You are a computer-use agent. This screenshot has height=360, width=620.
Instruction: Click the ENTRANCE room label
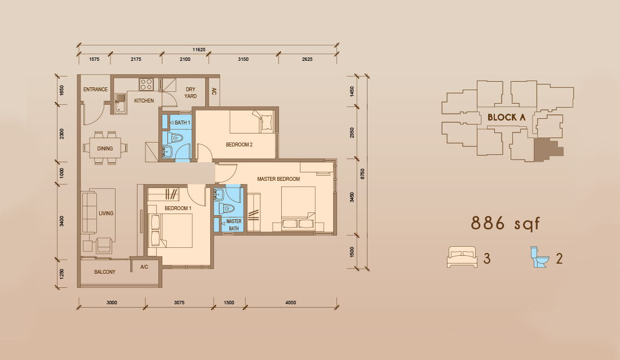95,90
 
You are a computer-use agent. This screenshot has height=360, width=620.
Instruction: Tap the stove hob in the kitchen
146,85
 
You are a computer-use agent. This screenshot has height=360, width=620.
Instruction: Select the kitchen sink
120,103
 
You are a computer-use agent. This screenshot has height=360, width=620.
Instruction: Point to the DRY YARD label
191,92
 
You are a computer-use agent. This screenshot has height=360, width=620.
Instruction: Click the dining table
105,148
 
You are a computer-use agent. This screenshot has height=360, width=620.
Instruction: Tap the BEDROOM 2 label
239,145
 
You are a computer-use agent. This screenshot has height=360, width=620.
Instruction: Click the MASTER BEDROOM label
278,179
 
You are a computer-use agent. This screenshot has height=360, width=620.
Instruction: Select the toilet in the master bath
228,208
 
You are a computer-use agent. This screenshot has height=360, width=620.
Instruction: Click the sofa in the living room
89,213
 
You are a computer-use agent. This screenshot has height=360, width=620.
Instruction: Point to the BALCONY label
105,272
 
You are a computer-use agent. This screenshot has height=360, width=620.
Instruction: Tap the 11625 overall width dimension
199,50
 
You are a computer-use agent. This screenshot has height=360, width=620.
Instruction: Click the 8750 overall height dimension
362,174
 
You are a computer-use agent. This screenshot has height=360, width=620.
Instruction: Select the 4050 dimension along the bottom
291,303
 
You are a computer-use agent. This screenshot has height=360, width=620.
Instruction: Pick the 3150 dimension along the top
243,59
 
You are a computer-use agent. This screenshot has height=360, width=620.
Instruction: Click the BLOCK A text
507,117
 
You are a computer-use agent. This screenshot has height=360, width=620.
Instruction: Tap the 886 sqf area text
506,224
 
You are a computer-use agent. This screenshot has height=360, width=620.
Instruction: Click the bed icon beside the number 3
462,257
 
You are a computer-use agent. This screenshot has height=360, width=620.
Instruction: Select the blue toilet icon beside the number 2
539,257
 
